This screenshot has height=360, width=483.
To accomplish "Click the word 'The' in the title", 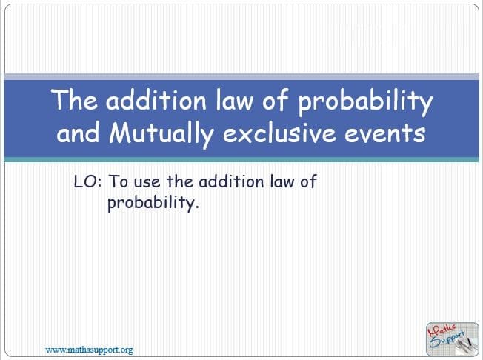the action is [x=74, y=100].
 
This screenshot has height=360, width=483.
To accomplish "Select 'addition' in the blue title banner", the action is [x=156, y=100].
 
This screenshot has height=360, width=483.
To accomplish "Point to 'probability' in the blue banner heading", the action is [x=366, y=102].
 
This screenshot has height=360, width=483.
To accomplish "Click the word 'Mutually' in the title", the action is [x=161, y=133].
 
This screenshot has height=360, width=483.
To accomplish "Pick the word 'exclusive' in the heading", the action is [x=279, y=133].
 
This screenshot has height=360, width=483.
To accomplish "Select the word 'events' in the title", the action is [x=385, y=134].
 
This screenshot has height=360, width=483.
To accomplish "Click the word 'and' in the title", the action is [x=79, y=133].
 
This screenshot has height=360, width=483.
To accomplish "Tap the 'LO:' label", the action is [x=88, y=181].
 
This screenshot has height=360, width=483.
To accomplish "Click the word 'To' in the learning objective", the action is [x=119, y=181].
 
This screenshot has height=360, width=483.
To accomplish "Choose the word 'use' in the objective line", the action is [x=147, y=183].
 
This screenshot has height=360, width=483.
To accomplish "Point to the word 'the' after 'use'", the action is [x=180, y=181].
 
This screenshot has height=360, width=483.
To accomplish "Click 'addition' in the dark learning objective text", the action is [x=231, y=181].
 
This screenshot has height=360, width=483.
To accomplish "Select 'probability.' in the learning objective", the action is [x=153, y=203].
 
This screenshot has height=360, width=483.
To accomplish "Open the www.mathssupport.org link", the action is [x=90, y=350].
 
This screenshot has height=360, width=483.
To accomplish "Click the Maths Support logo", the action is [x=452, y=339].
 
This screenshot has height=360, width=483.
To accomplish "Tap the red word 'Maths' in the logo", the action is [x=441, y=330].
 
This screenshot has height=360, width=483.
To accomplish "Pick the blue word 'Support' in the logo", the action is [x=447, y=339].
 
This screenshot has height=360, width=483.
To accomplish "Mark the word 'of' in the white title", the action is [x=276, y=100].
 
